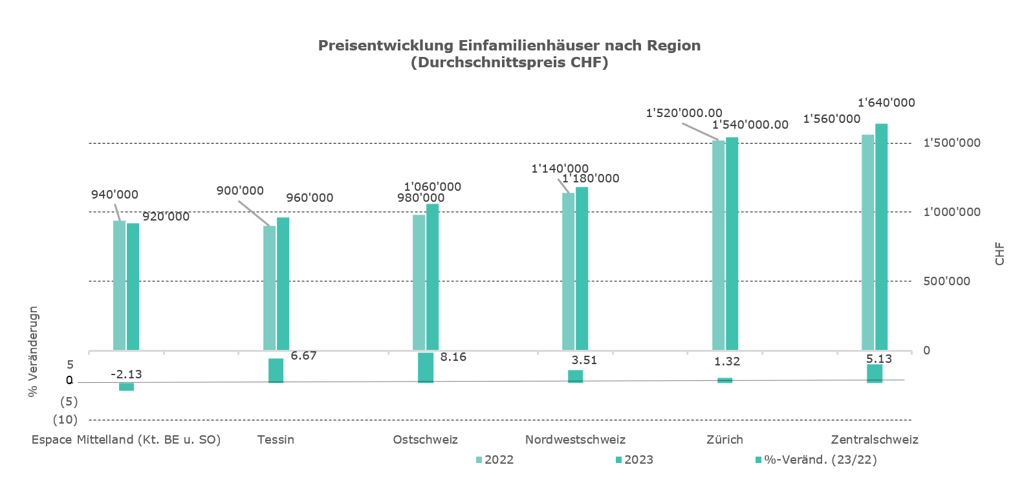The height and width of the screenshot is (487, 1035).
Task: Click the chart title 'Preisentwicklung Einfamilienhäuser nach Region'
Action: pyautogui.click(x=509, y=46)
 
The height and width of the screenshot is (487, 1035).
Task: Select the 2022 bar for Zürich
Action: pyautogui.click(x=718, y=246)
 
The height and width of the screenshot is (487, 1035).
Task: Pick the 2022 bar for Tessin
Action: pyautogui.click(x=269, y=288)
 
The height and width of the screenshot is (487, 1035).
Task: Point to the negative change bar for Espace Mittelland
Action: pyautogui.click(x=126, y=386)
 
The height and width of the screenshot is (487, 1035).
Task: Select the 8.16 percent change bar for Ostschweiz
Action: pyautogui.click(x=426, y=367)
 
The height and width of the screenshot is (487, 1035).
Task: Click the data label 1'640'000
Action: pyautogui.click(x=886, y=103)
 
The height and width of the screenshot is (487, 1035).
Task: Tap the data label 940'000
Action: pyautogui.click(x=114, y=195)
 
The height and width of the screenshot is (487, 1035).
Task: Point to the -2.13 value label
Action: pyautogui.click(x=126, y=374)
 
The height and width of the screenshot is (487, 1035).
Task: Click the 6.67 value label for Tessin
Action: pyautogui.click(x=303, y=356)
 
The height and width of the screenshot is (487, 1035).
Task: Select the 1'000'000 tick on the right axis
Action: pyautogui.click(x=952, y=212)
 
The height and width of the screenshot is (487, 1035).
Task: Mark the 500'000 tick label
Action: pyautogui.click(x=946, y=281)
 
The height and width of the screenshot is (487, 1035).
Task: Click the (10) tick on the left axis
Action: pyautogui.click(x=65, y=420)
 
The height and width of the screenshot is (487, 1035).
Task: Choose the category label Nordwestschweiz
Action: pyautogui.click(x=575, y=440)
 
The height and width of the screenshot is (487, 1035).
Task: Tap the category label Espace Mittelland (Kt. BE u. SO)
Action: pyautogui.click(x=126, y=440)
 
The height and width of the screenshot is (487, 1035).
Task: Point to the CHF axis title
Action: pyautogui.click(x=1000, y=254)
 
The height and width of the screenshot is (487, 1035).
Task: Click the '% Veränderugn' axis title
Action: pyautogui.click(x=34, y=351)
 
